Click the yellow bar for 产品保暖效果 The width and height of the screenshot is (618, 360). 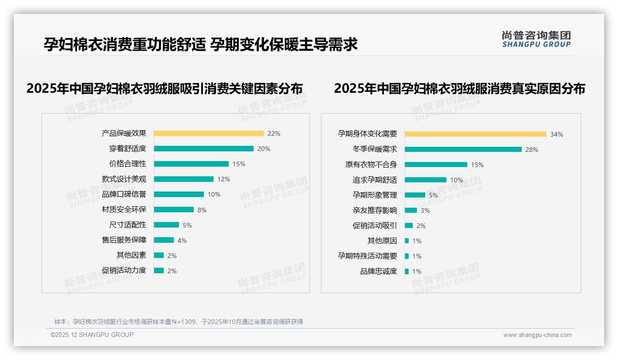(x=208, y=133)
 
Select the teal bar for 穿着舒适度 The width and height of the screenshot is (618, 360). (x=203, y=149)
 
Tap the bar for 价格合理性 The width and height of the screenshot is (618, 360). (x=191, y=164)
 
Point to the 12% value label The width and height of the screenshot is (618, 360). (x=224, y=179)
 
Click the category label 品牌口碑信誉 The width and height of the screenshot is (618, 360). (x=124, y=194)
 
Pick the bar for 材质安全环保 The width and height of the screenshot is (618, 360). (x=173, y=210)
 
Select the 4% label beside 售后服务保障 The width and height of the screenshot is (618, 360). (x=182, y=240)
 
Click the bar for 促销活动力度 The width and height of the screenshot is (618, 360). (x=159, y=270)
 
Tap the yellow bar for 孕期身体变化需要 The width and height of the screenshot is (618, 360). (x=475, y=134)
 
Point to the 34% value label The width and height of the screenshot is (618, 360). (x=556, y=134)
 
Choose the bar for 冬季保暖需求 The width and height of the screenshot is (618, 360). (x=463, y=150)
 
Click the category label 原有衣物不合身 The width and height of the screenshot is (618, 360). (x=371, y=165)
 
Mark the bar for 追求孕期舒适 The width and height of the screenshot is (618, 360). (x=425, y=180)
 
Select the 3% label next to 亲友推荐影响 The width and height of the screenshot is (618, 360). (x=425, y=210)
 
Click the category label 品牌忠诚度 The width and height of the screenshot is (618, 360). (x=378, y=271)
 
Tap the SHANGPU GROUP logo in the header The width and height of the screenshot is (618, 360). (x=536, y=39)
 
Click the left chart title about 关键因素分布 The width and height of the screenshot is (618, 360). (x=164, y=88)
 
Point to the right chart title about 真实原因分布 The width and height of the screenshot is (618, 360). (x=459, y=88)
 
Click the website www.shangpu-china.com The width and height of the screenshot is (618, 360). (x=537, y=335)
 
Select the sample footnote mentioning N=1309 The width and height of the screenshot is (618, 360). (x=178, y=322)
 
